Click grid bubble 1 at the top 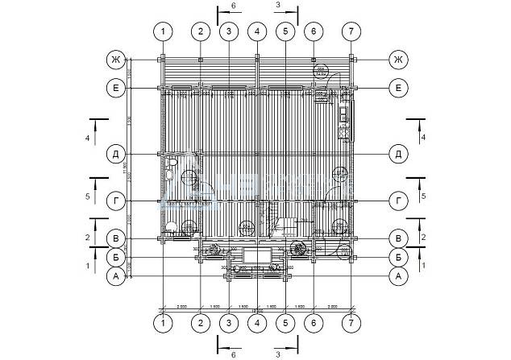click(164, 31)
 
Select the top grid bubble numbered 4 click(257, 31)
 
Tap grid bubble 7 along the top click(350, 31)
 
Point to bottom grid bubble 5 click(285, 324)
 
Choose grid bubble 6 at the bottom click(313, 324)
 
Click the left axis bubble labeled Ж click(117, 60)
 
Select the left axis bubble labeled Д click(117, 154)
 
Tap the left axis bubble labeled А click(117, 276)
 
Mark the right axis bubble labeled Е click(397, 88)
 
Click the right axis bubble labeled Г click(397, 201)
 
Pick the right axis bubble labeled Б click(397, 257)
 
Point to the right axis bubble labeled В click(397, 238)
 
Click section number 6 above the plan click(233, 6)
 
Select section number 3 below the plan click(277, 354)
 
